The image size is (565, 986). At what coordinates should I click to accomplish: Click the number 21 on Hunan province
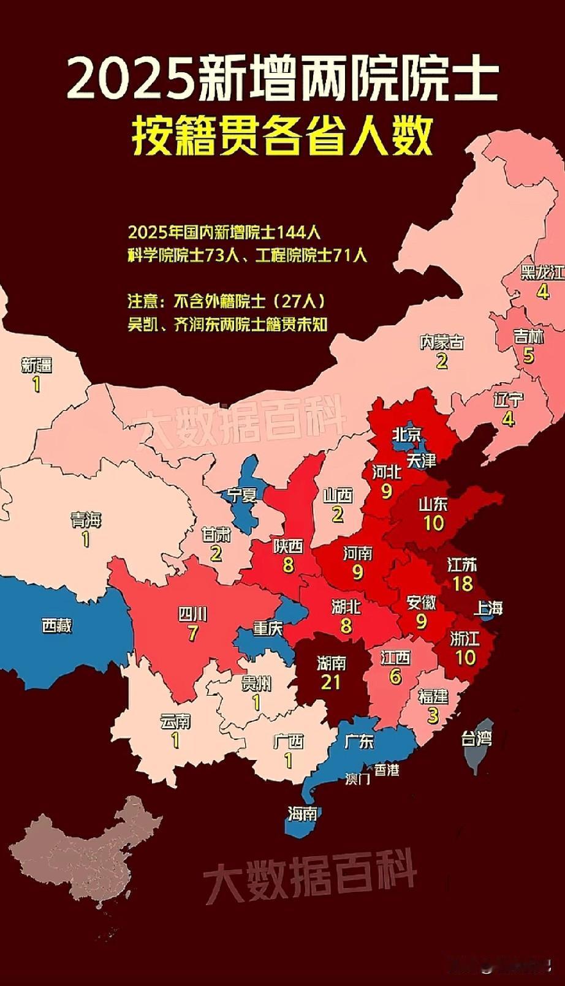pos(331,681)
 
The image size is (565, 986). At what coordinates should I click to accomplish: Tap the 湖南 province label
pos(331,663)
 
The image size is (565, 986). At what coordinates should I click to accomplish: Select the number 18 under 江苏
pos(463,582)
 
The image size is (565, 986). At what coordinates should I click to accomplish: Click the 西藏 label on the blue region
pos(57,625)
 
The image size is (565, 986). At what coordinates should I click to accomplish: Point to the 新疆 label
pos(37,366)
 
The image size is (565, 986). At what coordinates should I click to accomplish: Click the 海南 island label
pos(302,813)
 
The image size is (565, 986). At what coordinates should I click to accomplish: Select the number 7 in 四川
pos(192,633)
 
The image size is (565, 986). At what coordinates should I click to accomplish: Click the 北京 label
pos(406,435)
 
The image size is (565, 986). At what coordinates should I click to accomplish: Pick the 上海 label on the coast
pos(488,608)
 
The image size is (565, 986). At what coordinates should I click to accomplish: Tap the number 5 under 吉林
pos(528,355)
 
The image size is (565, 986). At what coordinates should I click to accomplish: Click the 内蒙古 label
pos(441,342)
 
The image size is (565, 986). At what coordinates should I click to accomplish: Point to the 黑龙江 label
pos(542,272)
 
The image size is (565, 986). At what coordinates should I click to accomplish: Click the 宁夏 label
pos(242,494)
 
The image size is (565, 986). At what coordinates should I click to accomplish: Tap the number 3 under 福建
pos(433,715)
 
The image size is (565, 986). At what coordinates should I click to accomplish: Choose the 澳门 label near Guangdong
pos(358,778)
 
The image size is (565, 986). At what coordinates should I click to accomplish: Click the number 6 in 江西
pos(395,676)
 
